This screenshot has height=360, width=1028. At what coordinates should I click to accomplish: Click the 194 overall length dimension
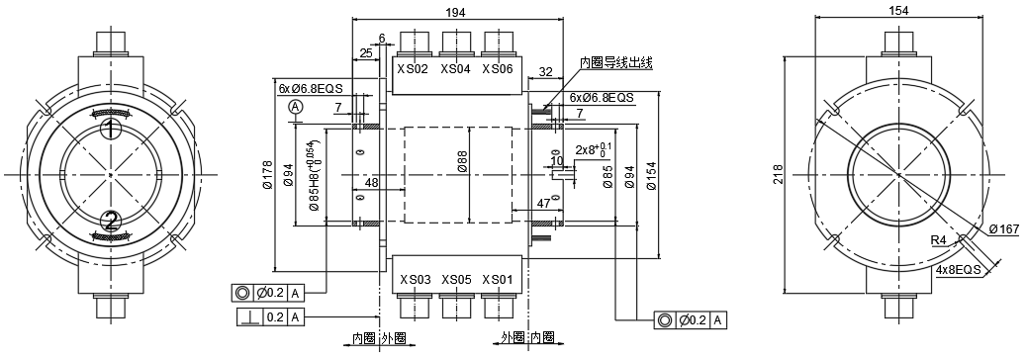(x=456, y=11)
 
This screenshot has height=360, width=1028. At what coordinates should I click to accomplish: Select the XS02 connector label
(x=413, y=69)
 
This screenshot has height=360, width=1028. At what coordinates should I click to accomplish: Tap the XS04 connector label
(x=455, y=69)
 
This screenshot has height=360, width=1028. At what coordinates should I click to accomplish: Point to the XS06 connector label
(x=498, y=69)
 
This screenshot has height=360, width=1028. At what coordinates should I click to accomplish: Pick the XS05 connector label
(x=456, y=280)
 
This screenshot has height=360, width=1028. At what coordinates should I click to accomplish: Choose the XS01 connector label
(x=498, y=280)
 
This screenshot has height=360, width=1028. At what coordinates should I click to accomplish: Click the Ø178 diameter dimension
(x=267, y=176)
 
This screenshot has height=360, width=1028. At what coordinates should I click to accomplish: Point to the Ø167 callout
(x=1003, y=230)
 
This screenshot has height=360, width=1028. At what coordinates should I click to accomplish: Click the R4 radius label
(x=937, y=241)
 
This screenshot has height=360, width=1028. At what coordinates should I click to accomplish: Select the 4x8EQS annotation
(x=957, y=268)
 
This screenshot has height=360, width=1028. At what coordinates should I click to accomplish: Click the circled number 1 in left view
(x=111, y=129)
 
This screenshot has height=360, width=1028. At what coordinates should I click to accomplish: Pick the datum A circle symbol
(x=294, y=106)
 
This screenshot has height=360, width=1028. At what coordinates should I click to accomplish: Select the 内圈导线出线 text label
(x=615, y=62)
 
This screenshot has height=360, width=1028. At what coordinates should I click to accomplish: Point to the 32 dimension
(x=545, y=71)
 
